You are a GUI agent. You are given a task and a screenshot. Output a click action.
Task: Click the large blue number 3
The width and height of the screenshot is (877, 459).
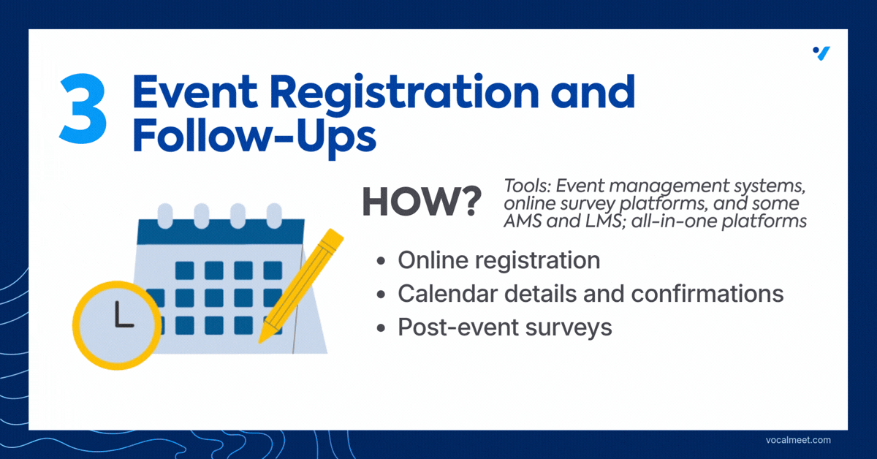coord(83,108)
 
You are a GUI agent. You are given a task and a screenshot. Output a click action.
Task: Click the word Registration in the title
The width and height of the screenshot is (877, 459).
coord(404,94)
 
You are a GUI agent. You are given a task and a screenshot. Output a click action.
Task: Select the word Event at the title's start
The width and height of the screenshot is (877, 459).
coord(195,91)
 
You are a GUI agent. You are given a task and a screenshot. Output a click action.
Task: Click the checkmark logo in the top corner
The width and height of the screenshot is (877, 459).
coord(821,53)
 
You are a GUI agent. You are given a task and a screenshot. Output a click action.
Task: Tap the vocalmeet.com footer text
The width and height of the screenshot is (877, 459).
coord(798,440)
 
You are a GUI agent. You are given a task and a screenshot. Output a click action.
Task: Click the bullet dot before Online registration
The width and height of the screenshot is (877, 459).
coord(381,261)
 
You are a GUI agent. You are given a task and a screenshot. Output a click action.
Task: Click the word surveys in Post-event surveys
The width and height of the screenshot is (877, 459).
coord(569,328)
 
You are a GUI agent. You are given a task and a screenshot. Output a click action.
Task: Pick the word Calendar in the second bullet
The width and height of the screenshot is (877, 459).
coord(447,294)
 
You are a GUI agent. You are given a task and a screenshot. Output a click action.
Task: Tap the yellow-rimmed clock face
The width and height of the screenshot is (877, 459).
coord(117,325)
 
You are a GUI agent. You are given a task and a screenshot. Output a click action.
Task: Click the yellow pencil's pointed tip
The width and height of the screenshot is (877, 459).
coord(260,342)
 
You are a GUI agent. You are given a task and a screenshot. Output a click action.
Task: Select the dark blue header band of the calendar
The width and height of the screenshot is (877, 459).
coord(221,232)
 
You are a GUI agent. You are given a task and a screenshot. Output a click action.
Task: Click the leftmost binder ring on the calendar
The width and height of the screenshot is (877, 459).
coord(165,216)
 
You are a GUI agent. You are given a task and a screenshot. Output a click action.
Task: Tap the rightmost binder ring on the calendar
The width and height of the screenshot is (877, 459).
coord(274,216)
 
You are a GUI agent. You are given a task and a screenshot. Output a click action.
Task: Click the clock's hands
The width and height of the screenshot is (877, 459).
coord(122,316)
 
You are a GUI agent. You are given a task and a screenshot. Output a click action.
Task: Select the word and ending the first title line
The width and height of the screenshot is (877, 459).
coord(593,91)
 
